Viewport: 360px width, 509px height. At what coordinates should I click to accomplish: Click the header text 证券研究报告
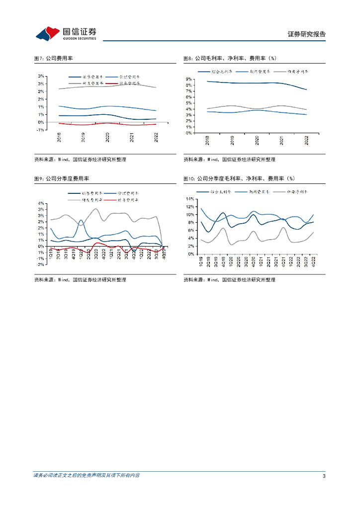click(x=307, y=34)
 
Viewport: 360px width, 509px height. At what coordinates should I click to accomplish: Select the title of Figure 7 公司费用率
click(x=53, y=58)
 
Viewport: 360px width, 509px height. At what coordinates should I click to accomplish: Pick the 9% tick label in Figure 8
click(x=189, y=80)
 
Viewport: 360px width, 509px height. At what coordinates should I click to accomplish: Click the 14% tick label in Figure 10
click(x=189, y=199)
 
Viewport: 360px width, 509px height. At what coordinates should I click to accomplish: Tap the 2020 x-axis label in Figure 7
click(x=107, y=137)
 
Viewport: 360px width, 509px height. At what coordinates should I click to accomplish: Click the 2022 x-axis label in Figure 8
click(x=306, y=140)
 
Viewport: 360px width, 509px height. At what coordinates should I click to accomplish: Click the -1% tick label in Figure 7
click(x=41, y=130)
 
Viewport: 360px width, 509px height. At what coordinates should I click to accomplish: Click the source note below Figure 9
click(x=80, y=280)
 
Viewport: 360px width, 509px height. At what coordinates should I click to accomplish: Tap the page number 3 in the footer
click(x=324, y=476)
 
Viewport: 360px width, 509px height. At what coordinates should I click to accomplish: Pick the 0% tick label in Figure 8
click(x=189, y=133)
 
